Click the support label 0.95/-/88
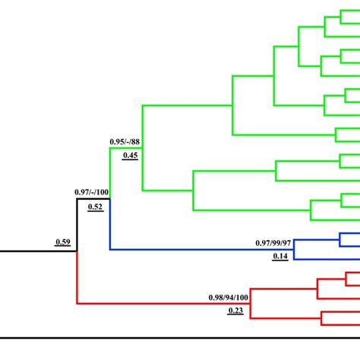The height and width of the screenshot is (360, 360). click(x=127, y=142)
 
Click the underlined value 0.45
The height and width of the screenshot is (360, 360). click(x=130, y=156)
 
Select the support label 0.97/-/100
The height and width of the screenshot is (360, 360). click(x=92, y=193)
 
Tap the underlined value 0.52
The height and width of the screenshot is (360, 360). click(x=95, y=207)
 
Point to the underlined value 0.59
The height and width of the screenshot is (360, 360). click(x=62, y=242)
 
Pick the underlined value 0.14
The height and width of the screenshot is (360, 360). click(x=280, y=256)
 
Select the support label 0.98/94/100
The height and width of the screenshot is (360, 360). click(x=229, y=297)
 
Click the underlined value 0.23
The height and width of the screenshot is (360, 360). click(x=235, y=310)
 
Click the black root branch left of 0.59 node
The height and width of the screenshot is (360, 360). click(x=38, y=250)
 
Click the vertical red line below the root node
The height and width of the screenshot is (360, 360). click(x=77, y=277)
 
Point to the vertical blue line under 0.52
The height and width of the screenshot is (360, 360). click(x=110, y=225)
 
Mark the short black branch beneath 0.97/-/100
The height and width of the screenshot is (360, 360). click(x=93, y=200)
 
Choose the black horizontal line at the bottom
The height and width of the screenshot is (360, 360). click(x=180, y=336)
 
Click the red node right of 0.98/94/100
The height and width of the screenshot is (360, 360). click(x=251, y=305)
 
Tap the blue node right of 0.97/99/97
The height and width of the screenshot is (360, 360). click(x=295, y=250)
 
